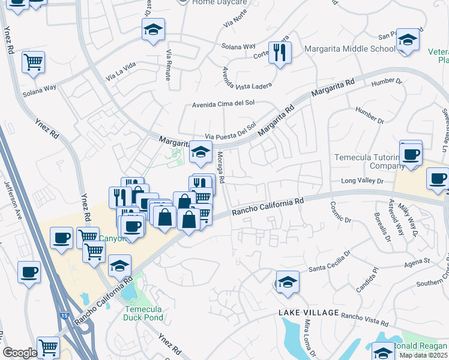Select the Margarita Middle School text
pyautogui.click(x=350, y=49)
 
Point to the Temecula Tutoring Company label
pyautogui.click(x=367, y=161)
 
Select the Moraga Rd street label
pyautogui.click(x=221, y=167)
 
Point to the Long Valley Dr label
pyautogui.click(x=362, y=181)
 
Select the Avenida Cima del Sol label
pyautogui.click(x=223, y=103)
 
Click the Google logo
pyautogui.click(x=20, y=353)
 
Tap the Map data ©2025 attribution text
pyautogui.click(x=424, y=355)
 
